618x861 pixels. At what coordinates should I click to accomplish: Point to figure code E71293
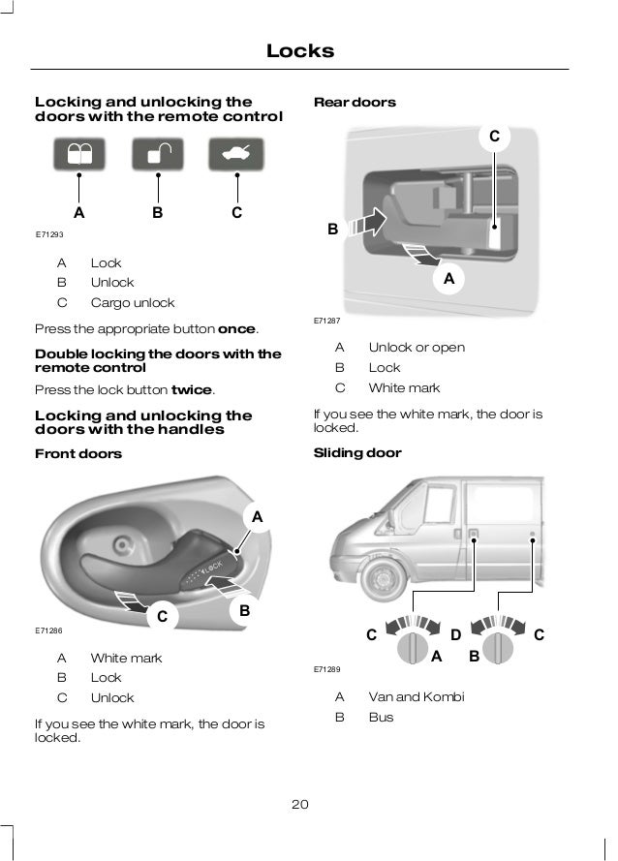coord(49,235)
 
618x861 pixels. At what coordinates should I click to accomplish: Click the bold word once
coord(237,328)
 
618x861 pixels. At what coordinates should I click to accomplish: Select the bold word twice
coord(191,389)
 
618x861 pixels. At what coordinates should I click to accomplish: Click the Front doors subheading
coord(78,453)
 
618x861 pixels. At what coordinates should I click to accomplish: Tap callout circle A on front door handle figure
coord(258,518)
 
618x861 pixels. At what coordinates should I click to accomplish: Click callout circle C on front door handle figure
coord(162,616)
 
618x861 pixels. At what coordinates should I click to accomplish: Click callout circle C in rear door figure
coord(494,138)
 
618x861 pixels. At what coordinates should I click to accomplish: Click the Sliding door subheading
coord(357,452)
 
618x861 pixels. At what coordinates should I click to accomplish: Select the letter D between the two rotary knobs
coord(455,635)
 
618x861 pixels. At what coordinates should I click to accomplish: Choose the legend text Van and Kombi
coord(416,696)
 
